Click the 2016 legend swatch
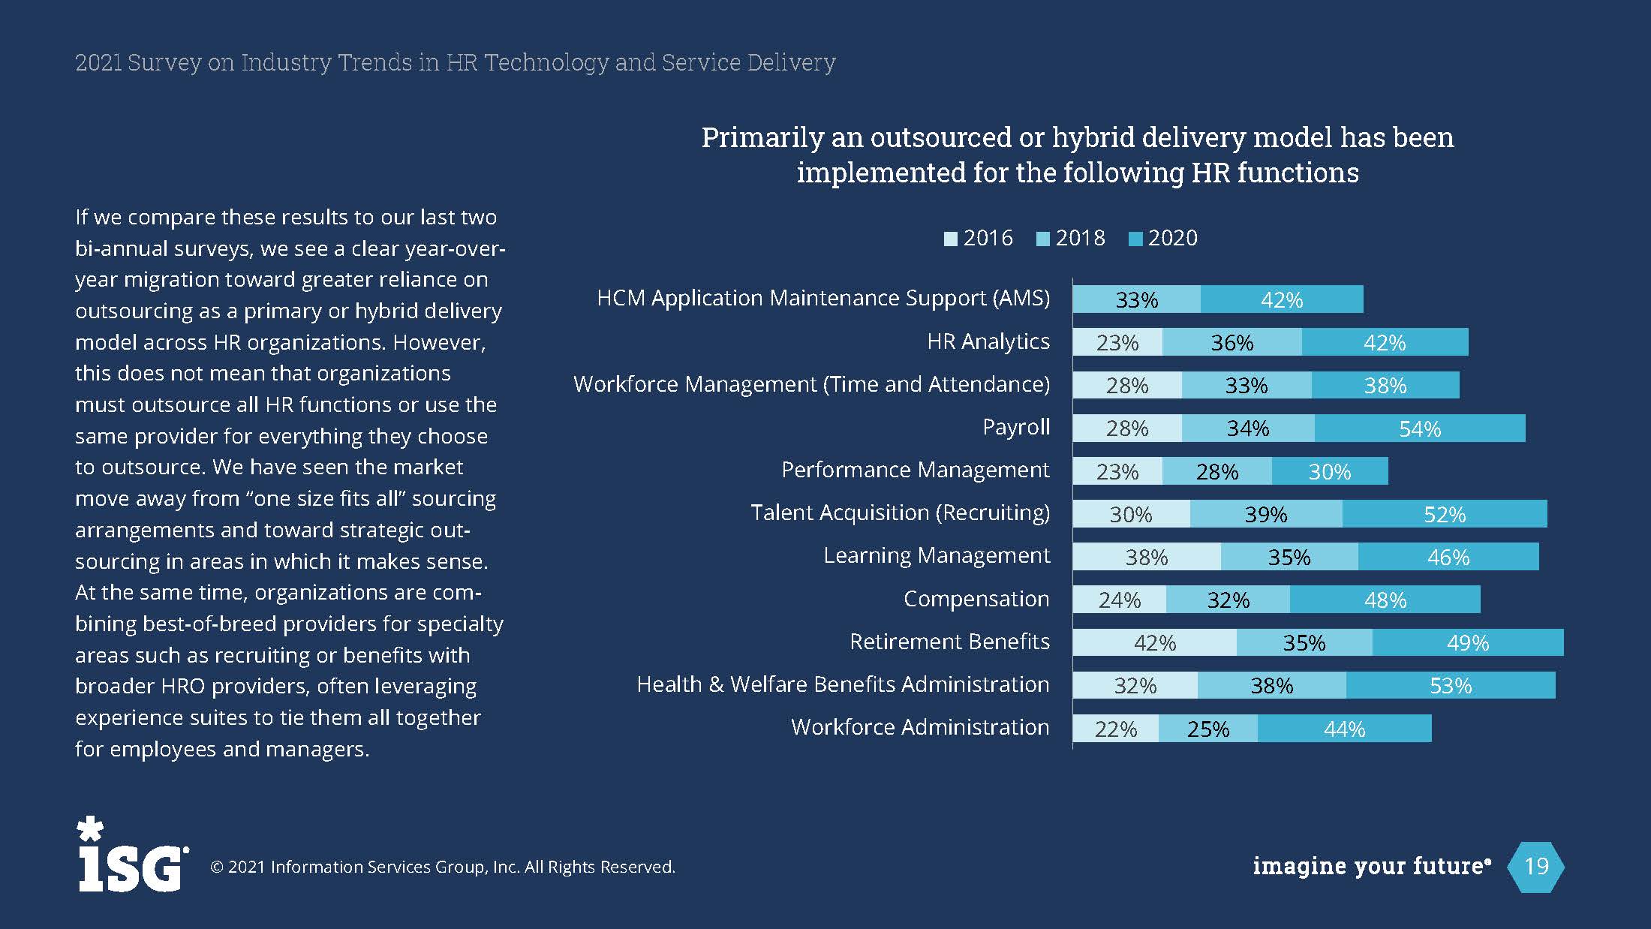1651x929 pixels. (x=951, y=239)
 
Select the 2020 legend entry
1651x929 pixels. (x=1163, y=239)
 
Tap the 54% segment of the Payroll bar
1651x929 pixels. (x=1420, y=428)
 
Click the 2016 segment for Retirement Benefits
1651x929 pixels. (x=1154, y=642)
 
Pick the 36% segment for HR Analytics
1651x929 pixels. (x=1231, y=342)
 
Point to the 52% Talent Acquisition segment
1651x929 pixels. (x=1445, y=514)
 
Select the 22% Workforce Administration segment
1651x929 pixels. (x=1115, y=729)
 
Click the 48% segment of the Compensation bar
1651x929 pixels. (x=1385, y=600)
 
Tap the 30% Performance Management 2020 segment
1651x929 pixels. (x=1330, y=471)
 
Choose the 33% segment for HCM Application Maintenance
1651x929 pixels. (x=1136, y=299)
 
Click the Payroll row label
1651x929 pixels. (x=1016, y=427)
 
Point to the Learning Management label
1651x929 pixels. (x=937, y=555)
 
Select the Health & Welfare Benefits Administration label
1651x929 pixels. (x=843, y=684)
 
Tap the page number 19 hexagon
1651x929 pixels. (x=1536, y=866)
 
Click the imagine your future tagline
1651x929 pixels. (x=1370, y=866)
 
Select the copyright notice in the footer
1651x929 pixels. (x=443, y=867)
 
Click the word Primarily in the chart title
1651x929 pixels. (x=761, y=137)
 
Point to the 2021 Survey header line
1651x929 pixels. (x=455, y=62)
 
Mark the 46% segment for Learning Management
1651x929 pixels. (x=1448, y=557)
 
